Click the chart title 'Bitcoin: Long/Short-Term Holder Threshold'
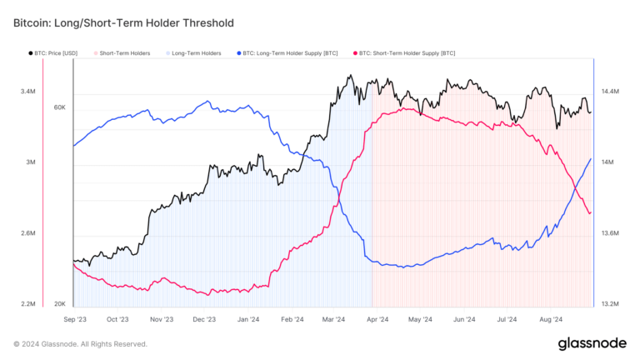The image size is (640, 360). [x=123, y=23]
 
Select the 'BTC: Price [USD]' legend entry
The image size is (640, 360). [x=55, y=53]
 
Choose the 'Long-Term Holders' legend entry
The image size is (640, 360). [x=196, y=53]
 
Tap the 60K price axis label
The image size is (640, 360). [x=59, y=107]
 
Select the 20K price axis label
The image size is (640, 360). [x=59, y=304]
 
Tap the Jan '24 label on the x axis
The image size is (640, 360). [x=248, y=319]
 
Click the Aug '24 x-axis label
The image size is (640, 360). [x=552, y=319]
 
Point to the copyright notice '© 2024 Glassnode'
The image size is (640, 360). [x=80, y=343]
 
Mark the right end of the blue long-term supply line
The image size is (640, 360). [x=591, y=159]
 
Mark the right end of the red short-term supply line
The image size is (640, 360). [x=591, y=212]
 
